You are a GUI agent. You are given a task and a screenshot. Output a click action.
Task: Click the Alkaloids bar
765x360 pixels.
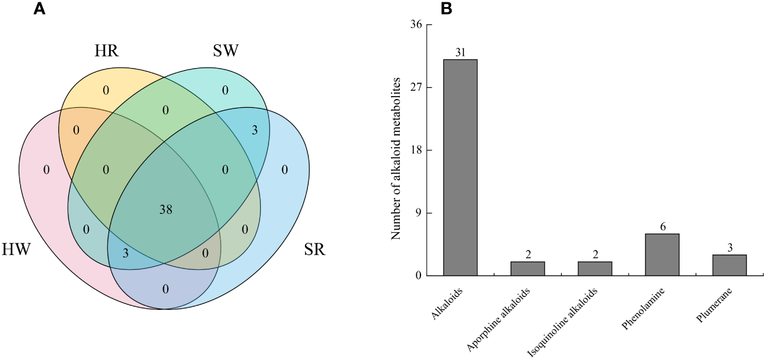pyautogui.click(x=460, y=167)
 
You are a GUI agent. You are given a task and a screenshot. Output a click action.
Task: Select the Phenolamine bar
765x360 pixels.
pyautogui.click(x=662, y=255)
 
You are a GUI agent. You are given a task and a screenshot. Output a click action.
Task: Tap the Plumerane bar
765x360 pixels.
pyautogui.click(x=729, y=265)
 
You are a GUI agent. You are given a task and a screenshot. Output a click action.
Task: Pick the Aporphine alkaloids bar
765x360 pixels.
pyautogui.click(x=528, y=269)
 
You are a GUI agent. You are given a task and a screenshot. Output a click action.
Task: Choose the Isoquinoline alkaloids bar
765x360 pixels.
pyautogui.click(x=595, y=269)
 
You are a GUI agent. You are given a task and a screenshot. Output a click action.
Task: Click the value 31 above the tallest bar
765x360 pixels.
pyautogui.click(x=461, y=52)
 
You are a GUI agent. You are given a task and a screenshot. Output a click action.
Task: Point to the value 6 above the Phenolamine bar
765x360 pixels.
pyautogui.click(x=663, y=227)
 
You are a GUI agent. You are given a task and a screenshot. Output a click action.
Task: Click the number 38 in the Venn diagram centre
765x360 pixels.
pyautogui.click(x=165, y=209)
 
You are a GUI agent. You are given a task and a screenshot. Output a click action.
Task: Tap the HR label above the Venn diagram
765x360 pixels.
pyautogui.click(x=107, y=51)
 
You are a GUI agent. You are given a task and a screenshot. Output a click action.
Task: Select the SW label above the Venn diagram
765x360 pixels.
pyautogui.click(x=226, y=51)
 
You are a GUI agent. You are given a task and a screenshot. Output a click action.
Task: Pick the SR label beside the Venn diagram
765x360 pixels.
pyautogui.click(x=314, y=250)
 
